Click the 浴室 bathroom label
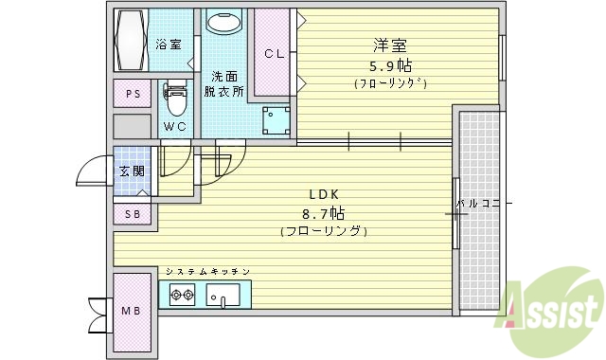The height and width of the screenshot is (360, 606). click(168, 44)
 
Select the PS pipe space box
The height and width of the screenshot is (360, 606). click(131, 95)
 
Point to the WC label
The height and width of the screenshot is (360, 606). click(174, 126)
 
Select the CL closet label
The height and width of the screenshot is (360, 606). click(273, 53)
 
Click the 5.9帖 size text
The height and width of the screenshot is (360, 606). click(391, 65)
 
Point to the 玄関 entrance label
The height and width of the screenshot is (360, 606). click(131, 171)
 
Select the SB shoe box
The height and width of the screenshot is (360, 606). click(133, 214)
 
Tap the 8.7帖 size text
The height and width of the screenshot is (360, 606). click(323, 212)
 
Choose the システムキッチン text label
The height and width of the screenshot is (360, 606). click(207, 272)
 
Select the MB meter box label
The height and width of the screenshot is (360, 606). click(130, 310)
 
